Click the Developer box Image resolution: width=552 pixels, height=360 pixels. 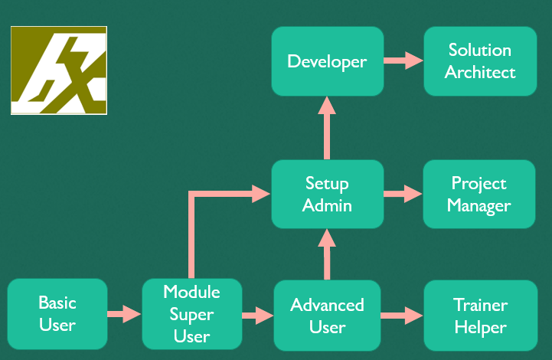pyautogui.click(x=328, y=61)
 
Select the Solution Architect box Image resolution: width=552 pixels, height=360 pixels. pyautogui.click(x=480, y=61)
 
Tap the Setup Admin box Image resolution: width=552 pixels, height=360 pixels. pyautogui.click(x=328, y=194)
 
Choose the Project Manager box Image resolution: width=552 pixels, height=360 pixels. pyautogui.click(x=479, y=194)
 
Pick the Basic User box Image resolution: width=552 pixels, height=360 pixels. pyautogui.click(x=57, y=314)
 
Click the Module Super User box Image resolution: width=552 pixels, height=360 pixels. pyautogui.click(x=192, y=314)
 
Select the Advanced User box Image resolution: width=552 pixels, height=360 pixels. pyautogui.click(x=327, y=316)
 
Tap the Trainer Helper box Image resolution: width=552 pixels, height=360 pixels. pyautogui.click(x=481, y=316)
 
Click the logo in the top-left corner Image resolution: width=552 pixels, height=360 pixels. pyautogui.click(x=59, y=70)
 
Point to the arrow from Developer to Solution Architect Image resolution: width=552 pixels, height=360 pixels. pyautogui.click(x=403, y=61)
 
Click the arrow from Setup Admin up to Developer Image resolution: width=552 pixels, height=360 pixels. pyautogui.click(x=327, y=128)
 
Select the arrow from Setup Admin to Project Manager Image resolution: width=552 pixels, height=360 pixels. pyautogui.click(x=403, y=194)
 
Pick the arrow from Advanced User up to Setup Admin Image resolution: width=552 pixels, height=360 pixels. pyautogui.click(x=327, y=254)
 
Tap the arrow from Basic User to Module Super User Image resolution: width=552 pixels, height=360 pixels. pyautogui.click(x=124, y=314)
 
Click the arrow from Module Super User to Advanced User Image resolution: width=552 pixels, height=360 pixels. pyautogui.click(x=258, y=316)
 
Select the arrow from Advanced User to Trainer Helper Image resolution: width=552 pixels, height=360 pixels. pyautogui.click(x=402, y=316)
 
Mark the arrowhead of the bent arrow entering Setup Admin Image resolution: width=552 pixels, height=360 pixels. pyautogui.click(x=261, y=194)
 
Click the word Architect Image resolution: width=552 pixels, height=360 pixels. pyautogui.click(x=480, y=72)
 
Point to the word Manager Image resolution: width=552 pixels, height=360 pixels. pyautogui.click(x=479, y=206)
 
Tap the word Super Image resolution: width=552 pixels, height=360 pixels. pyautogui.click(x=192, y=315)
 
